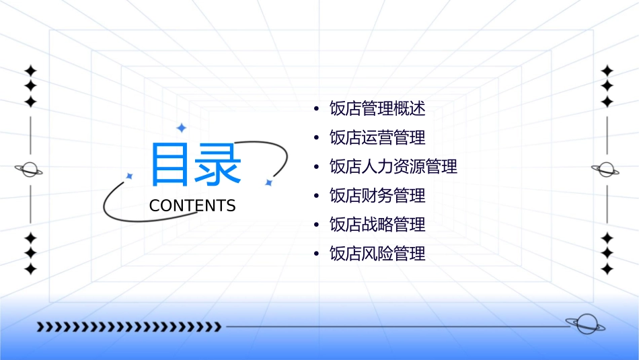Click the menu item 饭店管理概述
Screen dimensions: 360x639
(x=377, y=108)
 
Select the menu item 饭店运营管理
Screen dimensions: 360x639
(x=377, y=138)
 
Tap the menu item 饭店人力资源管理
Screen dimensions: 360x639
(x=393, y=167)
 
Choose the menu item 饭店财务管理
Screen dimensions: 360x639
(x=377, y=196)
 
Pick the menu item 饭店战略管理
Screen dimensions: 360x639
(x=377, y=225)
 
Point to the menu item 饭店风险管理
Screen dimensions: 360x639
(x=377, y=254)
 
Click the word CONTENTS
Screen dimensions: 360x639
(x=192, y=206)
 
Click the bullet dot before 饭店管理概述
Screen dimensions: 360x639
(x=316, y=109)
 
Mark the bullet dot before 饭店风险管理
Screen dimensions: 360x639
(x=316, y=254)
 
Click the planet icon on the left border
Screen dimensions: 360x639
(x=29, y=170)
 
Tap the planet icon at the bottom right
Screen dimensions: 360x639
(x=585, y=324)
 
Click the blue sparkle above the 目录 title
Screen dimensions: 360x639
(x=181, y=128)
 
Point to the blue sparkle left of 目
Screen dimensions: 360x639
(x=130, y=176)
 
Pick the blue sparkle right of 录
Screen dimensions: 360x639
(x=268, y=182)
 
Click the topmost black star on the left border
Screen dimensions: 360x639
(x=30, y=71)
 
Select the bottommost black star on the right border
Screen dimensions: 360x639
(x=607, y=269)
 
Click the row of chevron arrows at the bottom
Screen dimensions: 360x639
(x=128, y=327)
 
